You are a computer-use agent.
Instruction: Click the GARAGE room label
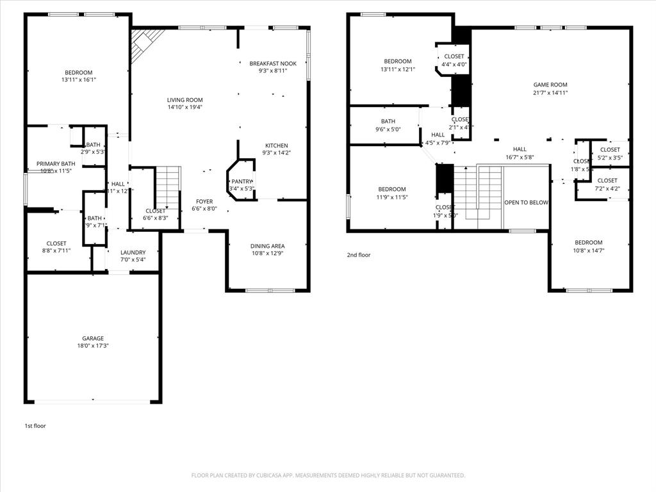[92, 338]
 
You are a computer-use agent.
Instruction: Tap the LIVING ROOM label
[184, 100]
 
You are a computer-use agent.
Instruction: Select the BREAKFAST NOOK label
[273, 63]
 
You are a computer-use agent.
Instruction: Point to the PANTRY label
[242, 181]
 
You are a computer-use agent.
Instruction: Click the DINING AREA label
[268, 246]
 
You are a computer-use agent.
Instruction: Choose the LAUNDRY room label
[133, 252]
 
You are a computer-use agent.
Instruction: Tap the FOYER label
[204, 201]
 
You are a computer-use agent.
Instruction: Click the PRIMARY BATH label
[56, 164]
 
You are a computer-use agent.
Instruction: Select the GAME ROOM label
[550, 85]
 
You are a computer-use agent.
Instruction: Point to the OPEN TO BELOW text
[526, 202]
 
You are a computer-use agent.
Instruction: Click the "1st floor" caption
[35, 425]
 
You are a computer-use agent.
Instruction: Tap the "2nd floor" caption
[359, 255]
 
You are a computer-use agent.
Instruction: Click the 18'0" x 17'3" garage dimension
[92, 346]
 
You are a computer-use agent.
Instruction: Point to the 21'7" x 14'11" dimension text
[550, 92]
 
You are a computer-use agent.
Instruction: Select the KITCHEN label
[276, 145]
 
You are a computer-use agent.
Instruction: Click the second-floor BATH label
[388, 121]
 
